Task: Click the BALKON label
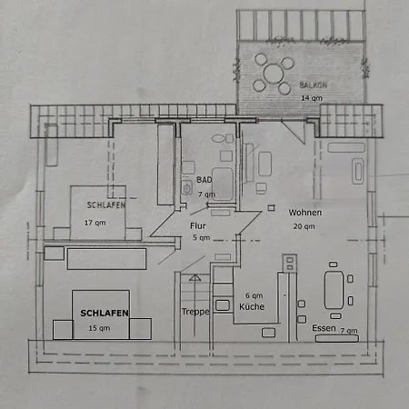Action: (314, 85)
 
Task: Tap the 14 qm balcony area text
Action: (312, 98)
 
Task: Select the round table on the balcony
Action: (274, 74)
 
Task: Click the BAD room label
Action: (204, 180)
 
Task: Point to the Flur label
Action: (198, 226)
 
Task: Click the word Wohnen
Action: (305, 213)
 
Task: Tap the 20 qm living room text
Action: (304, 226)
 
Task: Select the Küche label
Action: (252, 306)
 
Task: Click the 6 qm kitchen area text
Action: (254, 295)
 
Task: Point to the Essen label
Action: (324, 328)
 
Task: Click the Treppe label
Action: (195, 312)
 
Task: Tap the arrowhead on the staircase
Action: (195, 277)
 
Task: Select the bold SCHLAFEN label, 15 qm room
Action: (105, 313)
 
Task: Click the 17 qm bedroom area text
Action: (95, 223)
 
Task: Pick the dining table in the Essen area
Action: (334, 290)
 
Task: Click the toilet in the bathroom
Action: (186, 188)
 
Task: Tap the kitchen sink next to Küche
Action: (223, 305)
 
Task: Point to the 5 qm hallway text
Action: (202, 238)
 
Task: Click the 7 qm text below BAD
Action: (206, 195)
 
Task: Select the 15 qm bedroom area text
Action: (99, 328)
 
